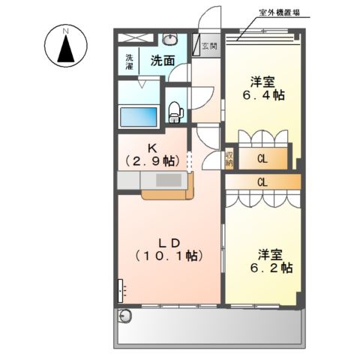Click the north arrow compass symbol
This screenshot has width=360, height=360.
[x=66, y=46]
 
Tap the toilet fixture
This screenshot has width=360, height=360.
[x=175, y=112]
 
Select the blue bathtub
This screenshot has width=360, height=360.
[x=139, y=117]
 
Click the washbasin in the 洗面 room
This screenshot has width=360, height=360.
[x=170, y=39]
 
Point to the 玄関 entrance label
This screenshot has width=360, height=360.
[x=209, y=46]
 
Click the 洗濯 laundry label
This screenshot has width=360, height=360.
[x=129, y=61]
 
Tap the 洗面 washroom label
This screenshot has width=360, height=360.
[x=163, y=61]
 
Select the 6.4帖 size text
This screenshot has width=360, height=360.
[x=263, y=95]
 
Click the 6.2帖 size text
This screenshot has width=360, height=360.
[x=271, y=268]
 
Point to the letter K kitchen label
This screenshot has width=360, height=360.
[x=152, y=148]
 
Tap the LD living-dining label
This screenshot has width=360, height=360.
[x=169, y=243]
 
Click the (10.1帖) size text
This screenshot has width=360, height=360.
[x=169, y=256]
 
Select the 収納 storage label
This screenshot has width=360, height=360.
[x=229, y=159]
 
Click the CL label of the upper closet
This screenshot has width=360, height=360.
[x=262, y=159]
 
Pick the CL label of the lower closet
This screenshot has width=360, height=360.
[x=262, y=182]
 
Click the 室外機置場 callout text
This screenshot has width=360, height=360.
[x=279, y=13]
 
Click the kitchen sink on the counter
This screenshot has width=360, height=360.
[x=169, y=180]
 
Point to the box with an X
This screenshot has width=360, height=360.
[x=135, y=37]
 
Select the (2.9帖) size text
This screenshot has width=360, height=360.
[x=152, y=161]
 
